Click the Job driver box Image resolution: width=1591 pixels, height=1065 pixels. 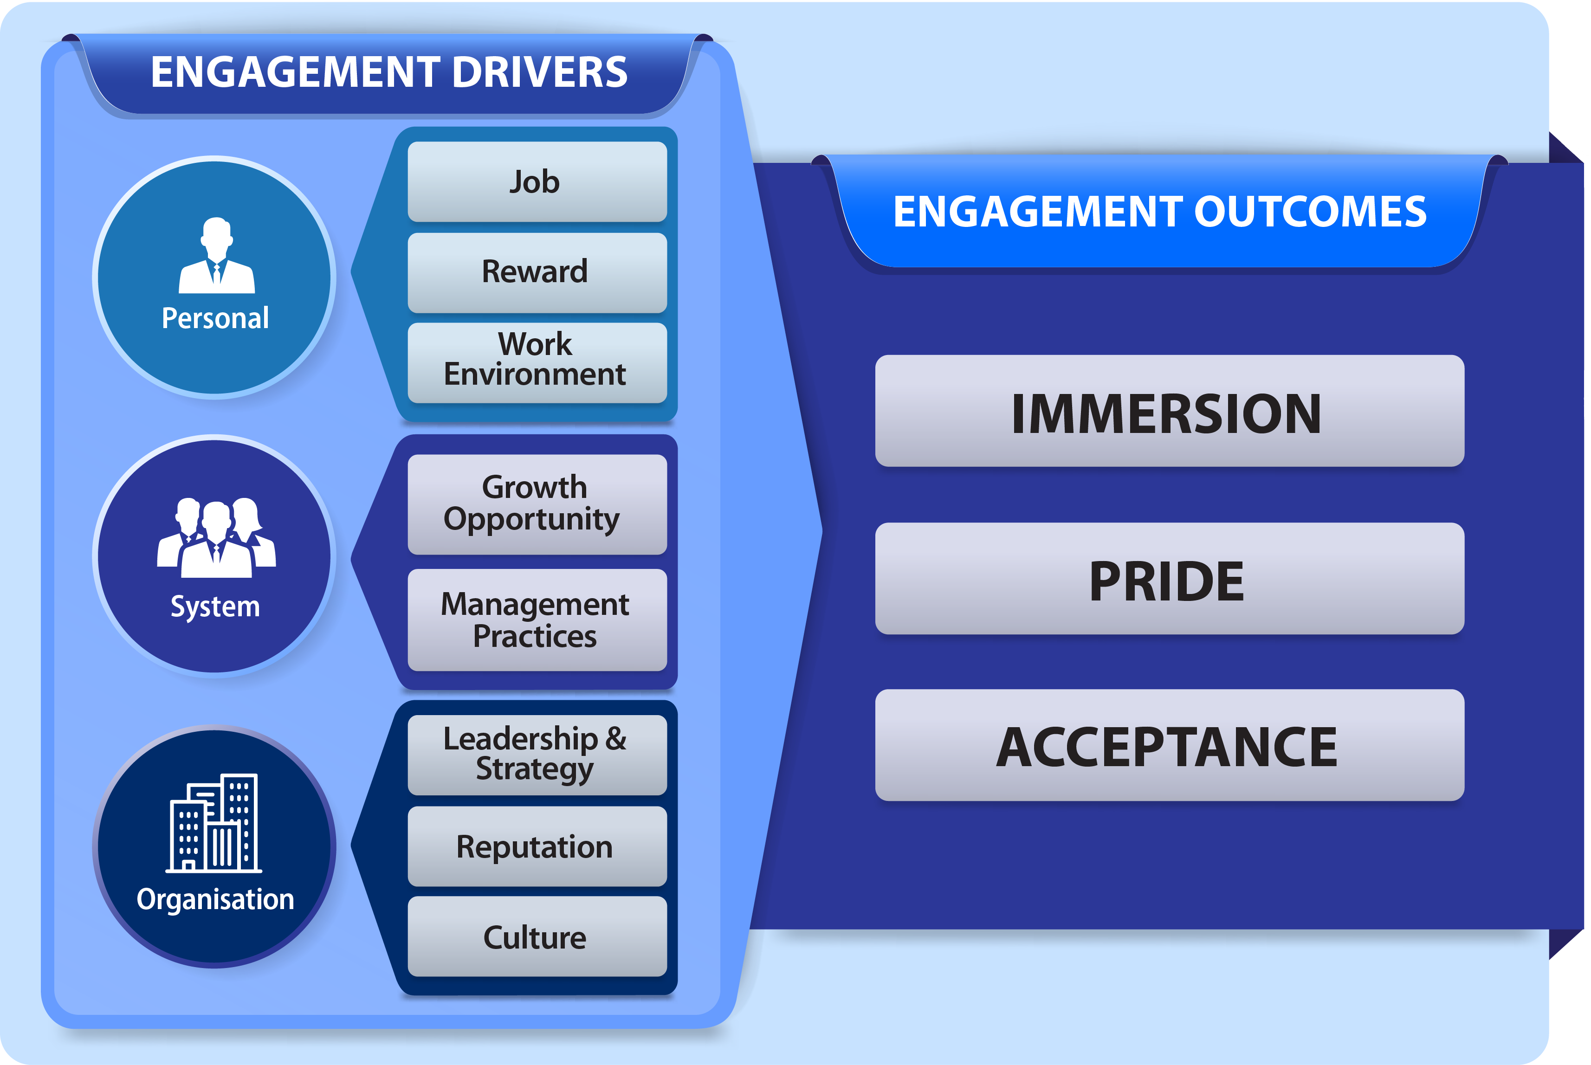[537, 181]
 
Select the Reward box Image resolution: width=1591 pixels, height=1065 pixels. [537, 272]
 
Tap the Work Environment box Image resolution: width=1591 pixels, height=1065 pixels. [537, 363]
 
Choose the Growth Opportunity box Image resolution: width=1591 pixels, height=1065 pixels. [537, 504]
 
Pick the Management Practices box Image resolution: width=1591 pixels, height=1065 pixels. [537, 620]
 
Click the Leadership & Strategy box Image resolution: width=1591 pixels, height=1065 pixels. [537, 755]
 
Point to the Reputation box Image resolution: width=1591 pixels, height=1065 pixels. [537, 846]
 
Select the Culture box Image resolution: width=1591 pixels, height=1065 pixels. [537, 936]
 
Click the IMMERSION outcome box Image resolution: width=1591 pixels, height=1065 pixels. [1169, 411]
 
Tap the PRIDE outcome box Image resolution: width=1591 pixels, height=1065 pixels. [1169, 579]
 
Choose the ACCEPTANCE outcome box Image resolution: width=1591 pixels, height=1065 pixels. [1169, 745]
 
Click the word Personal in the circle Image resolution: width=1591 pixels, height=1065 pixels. [215, 318]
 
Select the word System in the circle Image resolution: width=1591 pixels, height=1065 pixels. [215, 607]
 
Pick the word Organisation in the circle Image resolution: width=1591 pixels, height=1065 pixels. [215, 900]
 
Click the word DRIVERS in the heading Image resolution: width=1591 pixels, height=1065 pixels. [539, 72]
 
